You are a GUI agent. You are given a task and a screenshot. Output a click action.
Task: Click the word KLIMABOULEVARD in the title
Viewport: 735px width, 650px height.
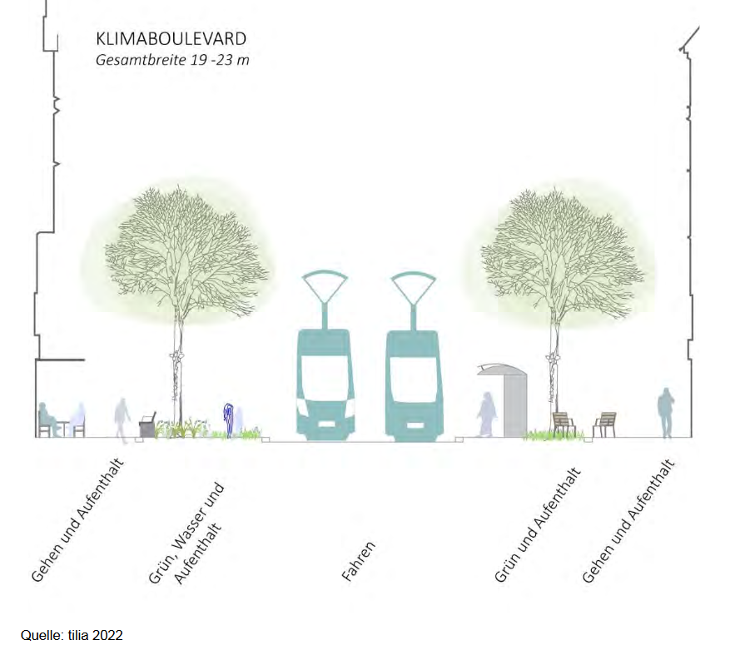tap(171, 39)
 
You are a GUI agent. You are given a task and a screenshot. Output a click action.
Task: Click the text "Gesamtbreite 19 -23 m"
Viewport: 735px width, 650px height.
tap(171, 60)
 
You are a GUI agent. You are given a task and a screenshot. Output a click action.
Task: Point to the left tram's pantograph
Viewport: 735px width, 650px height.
tap(325, 287)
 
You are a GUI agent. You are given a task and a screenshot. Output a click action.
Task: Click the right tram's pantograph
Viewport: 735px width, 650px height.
tap(413, 287)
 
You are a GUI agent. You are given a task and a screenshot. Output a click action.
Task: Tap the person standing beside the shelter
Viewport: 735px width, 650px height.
tap(485, 414)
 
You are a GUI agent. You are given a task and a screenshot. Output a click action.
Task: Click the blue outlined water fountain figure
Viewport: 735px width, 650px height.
tap(228, 419)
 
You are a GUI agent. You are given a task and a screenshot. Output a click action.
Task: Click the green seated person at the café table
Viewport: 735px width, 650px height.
tap(45, 419)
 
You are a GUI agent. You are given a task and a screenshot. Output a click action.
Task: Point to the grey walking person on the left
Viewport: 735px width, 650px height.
tap(122, 418)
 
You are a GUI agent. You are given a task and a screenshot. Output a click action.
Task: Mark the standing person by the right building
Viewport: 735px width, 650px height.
tap(666, 412)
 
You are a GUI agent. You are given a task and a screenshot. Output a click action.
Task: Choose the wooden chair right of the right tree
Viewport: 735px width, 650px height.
tap(604, 424)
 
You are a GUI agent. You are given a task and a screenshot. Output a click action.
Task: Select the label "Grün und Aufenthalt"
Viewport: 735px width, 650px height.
tap(538, 525)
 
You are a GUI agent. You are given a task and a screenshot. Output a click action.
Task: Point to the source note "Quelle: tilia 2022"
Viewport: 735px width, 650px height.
tap(72, 635)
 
